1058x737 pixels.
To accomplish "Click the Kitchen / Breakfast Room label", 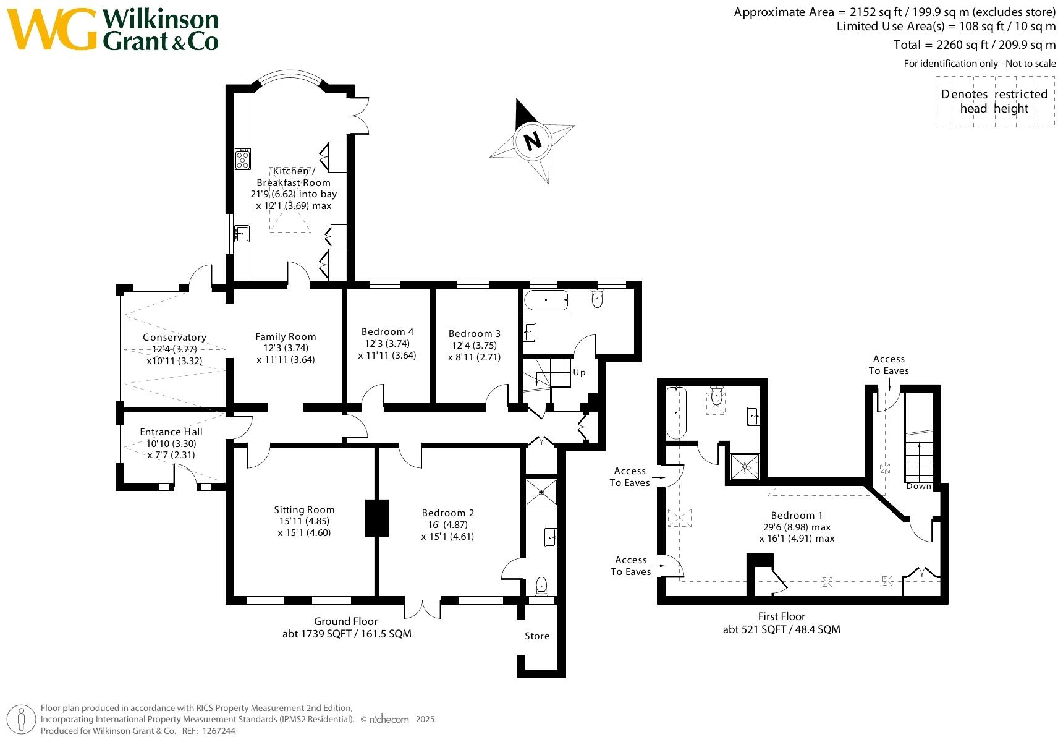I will pos(294,177).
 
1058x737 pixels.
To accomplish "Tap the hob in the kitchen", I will pos(242,159).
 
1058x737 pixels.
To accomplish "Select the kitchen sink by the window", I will pos(242,234).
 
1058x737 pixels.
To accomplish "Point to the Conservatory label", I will pos(174,338).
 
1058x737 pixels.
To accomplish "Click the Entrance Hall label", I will pos(171,432).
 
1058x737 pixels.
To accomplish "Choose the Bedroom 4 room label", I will pos(387,332).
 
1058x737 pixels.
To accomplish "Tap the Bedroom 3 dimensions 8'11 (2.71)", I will pos(474,357).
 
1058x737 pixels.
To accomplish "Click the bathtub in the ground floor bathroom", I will pos(546,301).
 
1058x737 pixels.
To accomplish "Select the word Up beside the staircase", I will pos(579,372).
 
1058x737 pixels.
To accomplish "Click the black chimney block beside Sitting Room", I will pos(376,518).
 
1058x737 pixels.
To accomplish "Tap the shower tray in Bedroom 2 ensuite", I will pos(541,492).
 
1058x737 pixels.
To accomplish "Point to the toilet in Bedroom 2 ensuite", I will pos(541,584).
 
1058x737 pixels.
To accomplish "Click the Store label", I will pos(537,636).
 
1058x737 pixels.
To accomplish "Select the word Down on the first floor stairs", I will pos(918,486).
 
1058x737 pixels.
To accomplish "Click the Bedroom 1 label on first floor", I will pos(797,516).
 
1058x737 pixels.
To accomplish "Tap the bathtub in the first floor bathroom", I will pos(677,412).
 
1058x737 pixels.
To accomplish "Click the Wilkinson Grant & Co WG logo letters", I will pos(53,29).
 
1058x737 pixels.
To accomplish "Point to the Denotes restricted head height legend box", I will pos(994,101).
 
